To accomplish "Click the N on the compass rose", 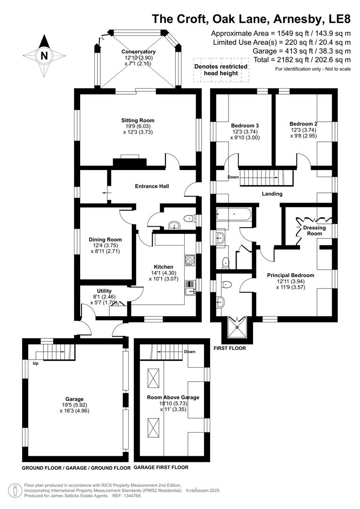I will [44, 55].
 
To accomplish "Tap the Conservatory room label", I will [138, 52].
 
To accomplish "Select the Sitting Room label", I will [138, 120].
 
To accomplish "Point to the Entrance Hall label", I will [152, 186].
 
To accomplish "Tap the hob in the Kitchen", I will [190, 260].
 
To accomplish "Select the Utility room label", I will [104, 291].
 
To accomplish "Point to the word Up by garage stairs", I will [35, 363].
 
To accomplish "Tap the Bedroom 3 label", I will [245, 125].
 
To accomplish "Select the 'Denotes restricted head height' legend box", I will [221, 70].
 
